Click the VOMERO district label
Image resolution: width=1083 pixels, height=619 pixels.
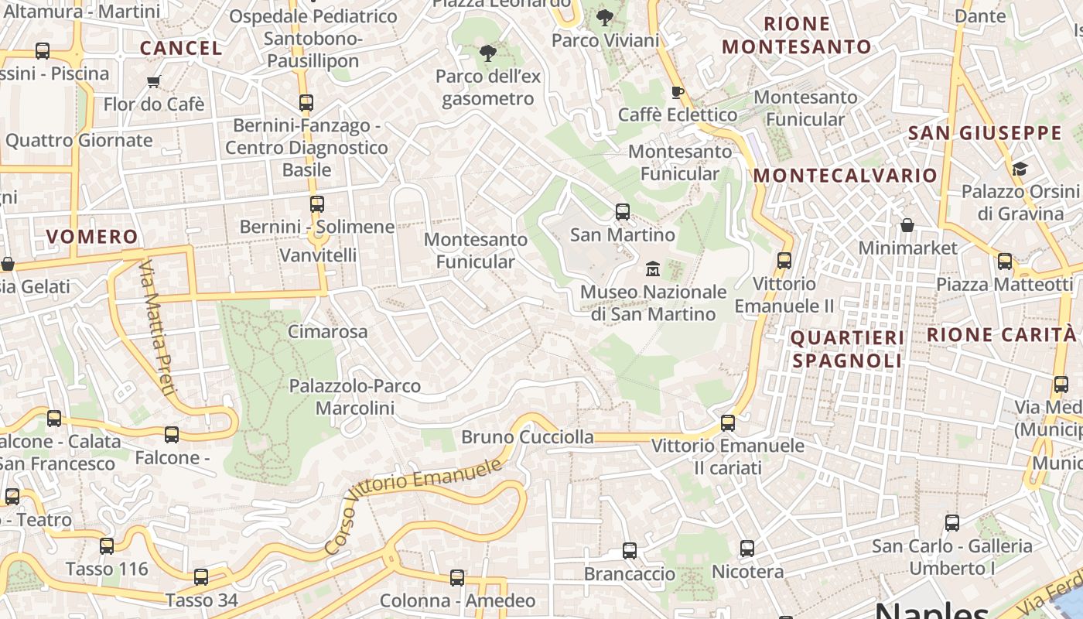[92, 237]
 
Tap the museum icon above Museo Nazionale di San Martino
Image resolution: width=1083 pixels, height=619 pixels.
[653, 269]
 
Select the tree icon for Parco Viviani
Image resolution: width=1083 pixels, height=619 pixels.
[605, 17]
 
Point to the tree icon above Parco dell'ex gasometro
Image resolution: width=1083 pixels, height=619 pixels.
[487, 53]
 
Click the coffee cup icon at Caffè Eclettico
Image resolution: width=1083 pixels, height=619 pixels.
[678, 93]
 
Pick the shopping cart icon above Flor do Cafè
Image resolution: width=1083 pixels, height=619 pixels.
[153, 81]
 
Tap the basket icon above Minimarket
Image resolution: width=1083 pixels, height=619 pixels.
[907, 225]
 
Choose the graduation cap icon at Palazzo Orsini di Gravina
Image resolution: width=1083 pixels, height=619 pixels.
[1020, 169]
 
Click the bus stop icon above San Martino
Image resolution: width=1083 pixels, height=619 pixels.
[622, 211]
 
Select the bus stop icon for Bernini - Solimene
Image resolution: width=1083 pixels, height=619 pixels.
[316, 204]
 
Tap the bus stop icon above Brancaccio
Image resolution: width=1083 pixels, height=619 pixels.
[630, 551]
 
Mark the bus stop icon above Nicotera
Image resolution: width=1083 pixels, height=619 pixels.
[746, 549]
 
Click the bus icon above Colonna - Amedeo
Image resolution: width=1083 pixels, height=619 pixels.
[457, 577]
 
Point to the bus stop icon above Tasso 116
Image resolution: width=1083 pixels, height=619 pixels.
[107, 546]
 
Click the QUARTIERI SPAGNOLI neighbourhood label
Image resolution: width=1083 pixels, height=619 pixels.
[847, 349]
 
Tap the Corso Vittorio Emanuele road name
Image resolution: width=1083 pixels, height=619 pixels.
[413, 505]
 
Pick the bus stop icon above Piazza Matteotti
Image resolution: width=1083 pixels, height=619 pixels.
[1004, 262]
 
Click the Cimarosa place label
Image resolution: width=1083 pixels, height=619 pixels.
[328, 332]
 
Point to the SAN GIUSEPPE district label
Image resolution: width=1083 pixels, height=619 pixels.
[985, 133]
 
